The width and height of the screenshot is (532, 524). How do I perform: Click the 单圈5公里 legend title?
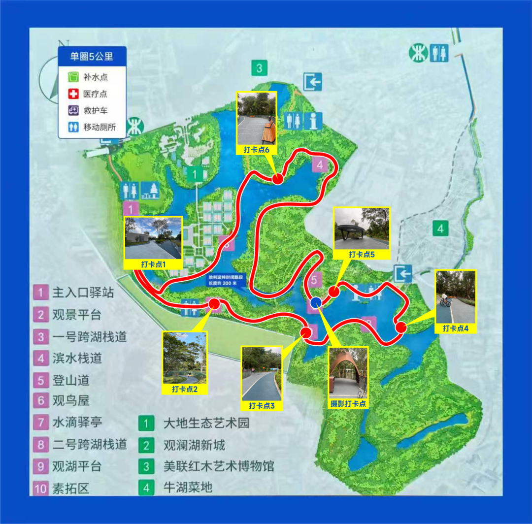pos(92,57)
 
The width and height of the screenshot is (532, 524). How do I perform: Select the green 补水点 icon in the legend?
pos(73,77)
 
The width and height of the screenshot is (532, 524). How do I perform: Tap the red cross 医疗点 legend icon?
pos(73,94)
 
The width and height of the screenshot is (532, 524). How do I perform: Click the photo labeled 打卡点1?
pos(154,238)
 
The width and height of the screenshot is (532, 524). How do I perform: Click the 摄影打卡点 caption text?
pos(348,403)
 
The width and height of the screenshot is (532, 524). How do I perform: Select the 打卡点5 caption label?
pos(362,254)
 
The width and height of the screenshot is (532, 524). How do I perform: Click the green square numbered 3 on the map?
pos(260,68)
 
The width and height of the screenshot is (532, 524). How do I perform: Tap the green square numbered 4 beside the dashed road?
pos(440,229)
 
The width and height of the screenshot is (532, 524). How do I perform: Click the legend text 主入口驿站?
pos(83,293)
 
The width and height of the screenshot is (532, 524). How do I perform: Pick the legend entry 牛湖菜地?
pos(188,488)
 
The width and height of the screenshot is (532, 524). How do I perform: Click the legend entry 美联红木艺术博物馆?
pos(218,466)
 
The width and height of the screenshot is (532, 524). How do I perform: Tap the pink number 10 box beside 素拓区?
pos(41,488)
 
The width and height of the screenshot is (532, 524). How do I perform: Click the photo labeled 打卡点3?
pos(262,373)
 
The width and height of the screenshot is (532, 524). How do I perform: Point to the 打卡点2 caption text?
pos(185,389)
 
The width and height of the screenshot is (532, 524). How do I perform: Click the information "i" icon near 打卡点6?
pos(313,120)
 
